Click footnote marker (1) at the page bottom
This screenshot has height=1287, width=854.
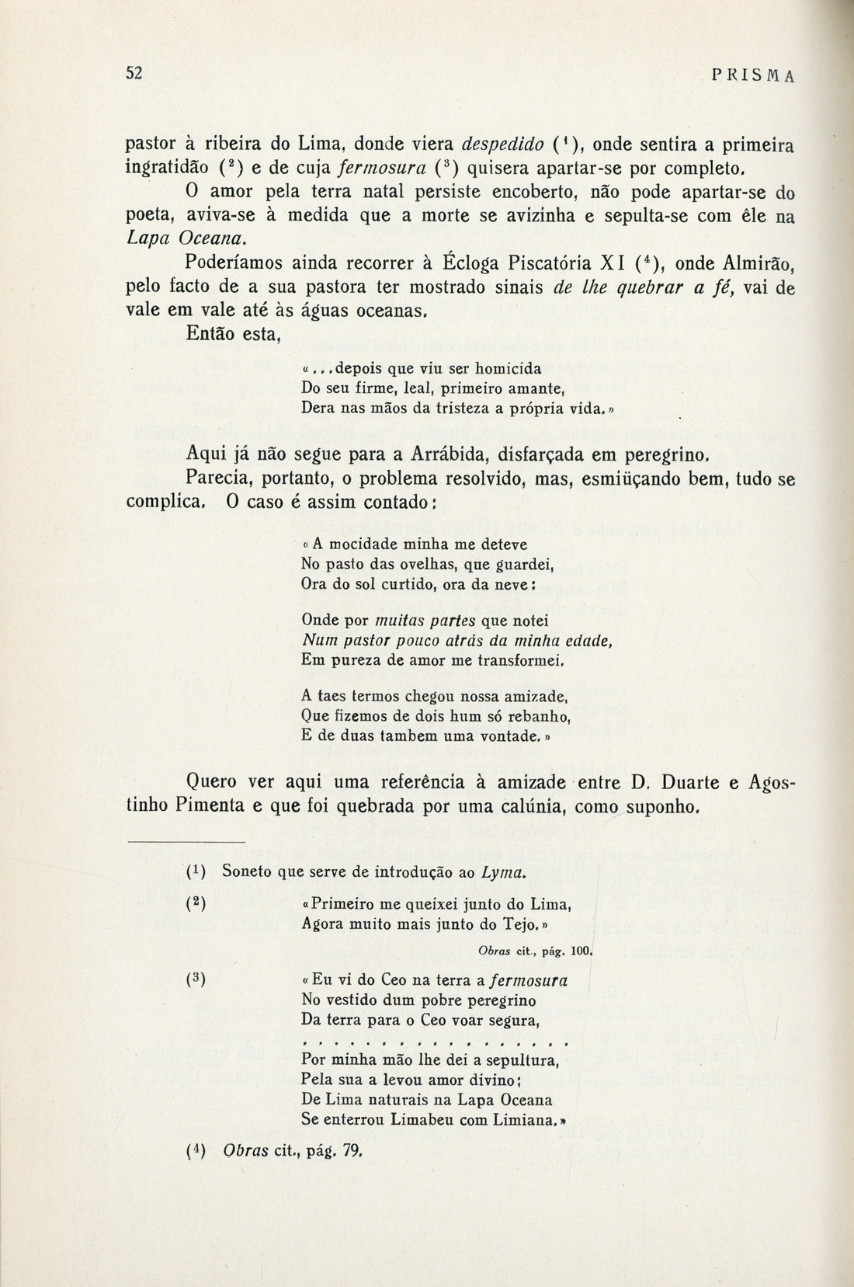[x=195, y=871]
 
